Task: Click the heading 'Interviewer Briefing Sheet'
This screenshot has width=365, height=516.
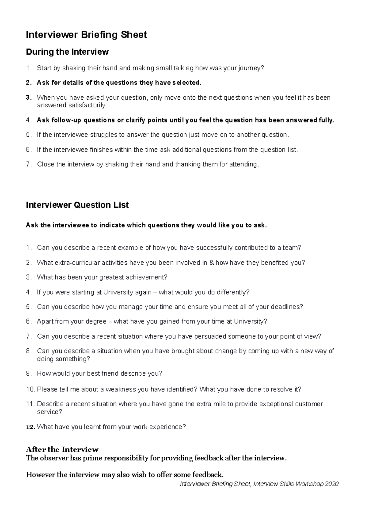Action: coord(86,35)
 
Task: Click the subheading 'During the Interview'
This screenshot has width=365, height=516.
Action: coord(67,52)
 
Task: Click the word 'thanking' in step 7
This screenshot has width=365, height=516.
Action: coord(178,164)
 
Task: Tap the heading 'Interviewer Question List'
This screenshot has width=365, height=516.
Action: coord(77,205)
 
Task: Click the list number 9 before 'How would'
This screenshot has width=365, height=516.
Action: coord(29,374)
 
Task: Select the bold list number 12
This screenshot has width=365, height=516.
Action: coord(30,427)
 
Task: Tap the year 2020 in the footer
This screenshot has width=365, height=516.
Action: coord(332,484)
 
